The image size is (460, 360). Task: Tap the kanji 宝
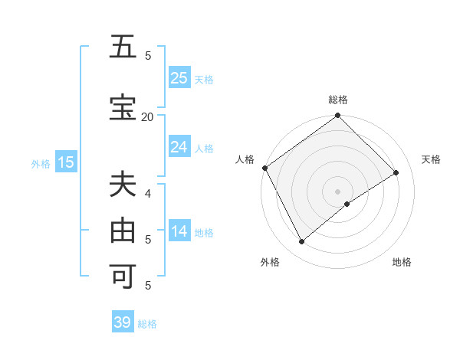tap(123, 108)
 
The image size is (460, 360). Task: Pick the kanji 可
tap(123, 275)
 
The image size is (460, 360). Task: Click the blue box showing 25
tap(179, 78)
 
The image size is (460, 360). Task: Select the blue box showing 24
tap(179, 147)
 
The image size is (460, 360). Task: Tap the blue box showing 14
tap(179, 231)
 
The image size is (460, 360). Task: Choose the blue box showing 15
tap(66, 162)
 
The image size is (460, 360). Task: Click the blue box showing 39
tap(123, 322)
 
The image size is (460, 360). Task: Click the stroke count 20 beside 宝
tap(147, 116)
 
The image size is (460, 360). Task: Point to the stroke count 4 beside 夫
tap(148, 193)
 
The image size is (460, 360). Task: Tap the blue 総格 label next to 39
tap(147, 324)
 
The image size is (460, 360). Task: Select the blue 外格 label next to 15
tap(41, 163)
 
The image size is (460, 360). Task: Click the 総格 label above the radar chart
tap(337, 100)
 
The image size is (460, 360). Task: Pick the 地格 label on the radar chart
tap(402, 262)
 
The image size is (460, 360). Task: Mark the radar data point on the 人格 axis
tap(264, 168)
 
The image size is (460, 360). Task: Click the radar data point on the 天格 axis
tap(396, 172)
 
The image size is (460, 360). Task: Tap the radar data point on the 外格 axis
tap(301, 241)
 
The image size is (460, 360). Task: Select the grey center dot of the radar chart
tap(337, 191)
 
